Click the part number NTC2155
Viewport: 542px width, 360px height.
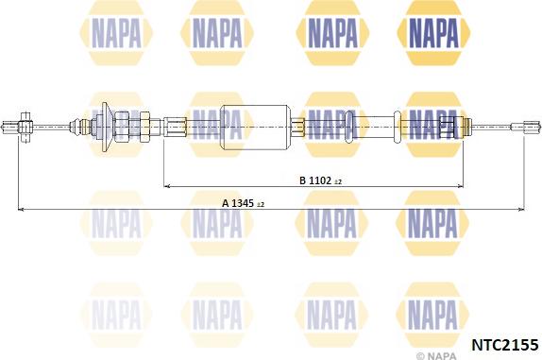505,345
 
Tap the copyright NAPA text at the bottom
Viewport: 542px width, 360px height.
436,355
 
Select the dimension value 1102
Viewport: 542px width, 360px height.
320,180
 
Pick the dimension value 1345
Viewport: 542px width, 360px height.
243,203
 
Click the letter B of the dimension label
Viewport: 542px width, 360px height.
303,180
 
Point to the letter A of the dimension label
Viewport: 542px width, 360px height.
226,203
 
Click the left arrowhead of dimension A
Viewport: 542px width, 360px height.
21,209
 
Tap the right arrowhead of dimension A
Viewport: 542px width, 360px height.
521,209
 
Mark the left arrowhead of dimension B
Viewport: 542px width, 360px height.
166,186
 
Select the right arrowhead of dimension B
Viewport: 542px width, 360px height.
460,186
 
